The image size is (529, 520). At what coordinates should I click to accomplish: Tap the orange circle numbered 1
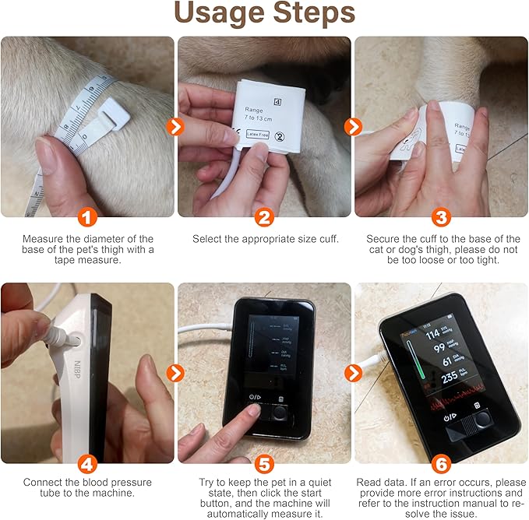click(88, 217)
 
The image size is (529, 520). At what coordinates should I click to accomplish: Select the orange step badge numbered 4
click(88, 464)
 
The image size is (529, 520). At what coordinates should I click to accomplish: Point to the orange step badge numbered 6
click(441, 464)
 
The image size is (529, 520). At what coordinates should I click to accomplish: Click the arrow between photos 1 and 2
click(176, 126)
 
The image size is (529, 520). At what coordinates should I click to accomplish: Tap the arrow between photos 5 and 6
click(354, 373)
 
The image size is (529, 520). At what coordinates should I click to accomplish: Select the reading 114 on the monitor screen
click(433, 336)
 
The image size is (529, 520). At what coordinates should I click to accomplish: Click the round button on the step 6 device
click(484, 417)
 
